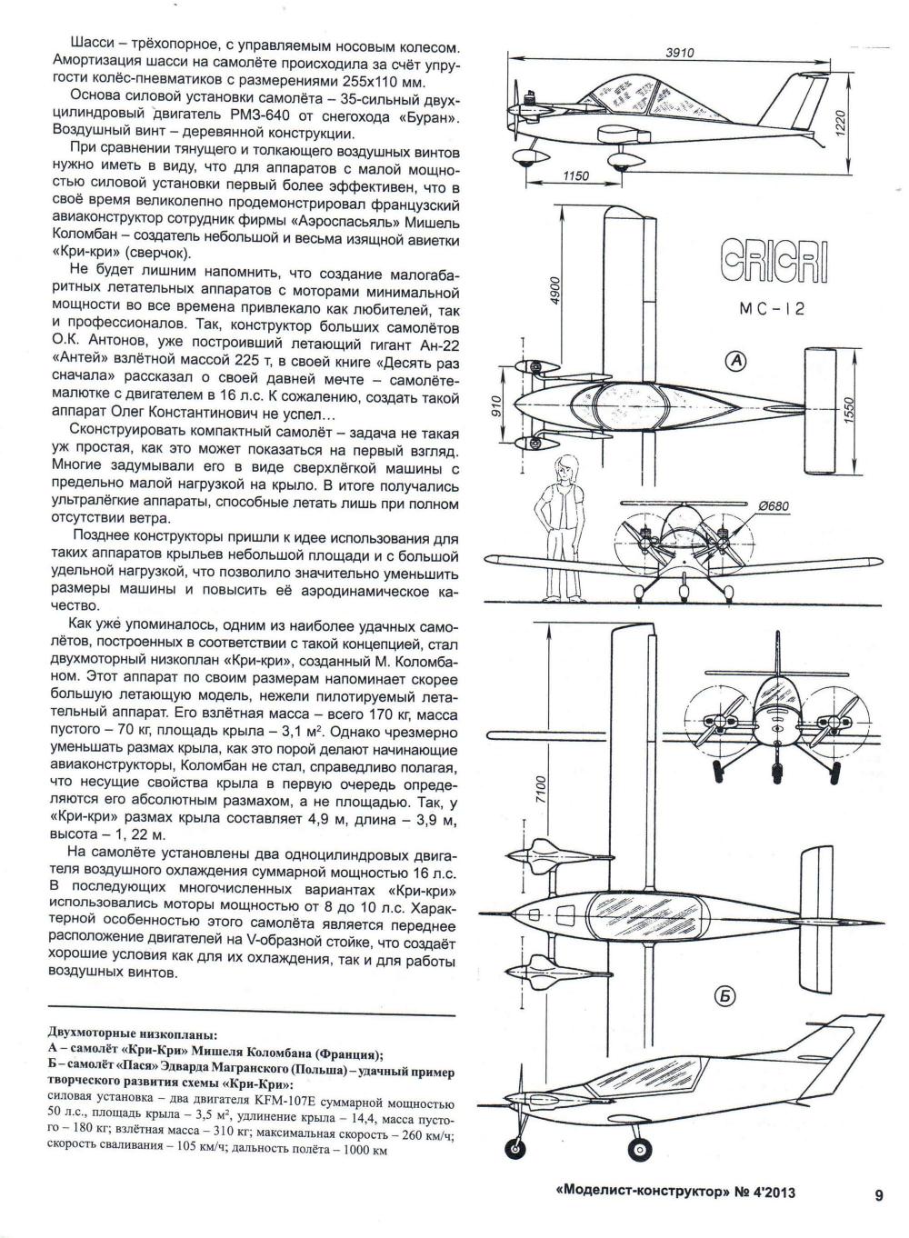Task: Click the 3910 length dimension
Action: coord(680,54)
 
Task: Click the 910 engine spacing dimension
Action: coord(495,407)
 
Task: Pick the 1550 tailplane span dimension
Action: coord(849,410)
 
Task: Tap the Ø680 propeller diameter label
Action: coord(774,506)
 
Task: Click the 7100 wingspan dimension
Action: coord(541,791)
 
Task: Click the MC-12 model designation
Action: coord(772,309)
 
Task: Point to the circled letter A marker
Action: coord(735,361)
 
